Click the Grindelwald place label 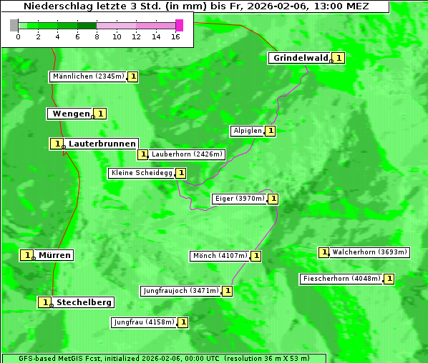301,58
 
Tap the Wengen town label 71,114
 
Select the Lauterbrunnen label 102,144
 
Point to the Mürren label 54,255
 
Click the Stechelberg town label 84,302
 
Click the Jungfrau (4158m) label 144,322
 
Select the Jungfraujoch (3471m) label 180,291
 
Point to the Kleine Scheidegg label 141,173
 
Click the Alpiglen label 248,131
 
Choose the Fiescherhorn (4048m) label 341,279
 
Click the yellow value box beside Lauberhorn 143,154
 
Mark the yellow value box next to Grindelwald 339,58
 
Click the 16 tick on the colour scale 175,36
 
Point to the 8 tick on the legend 97,36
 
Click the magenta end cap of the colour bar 179,25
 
